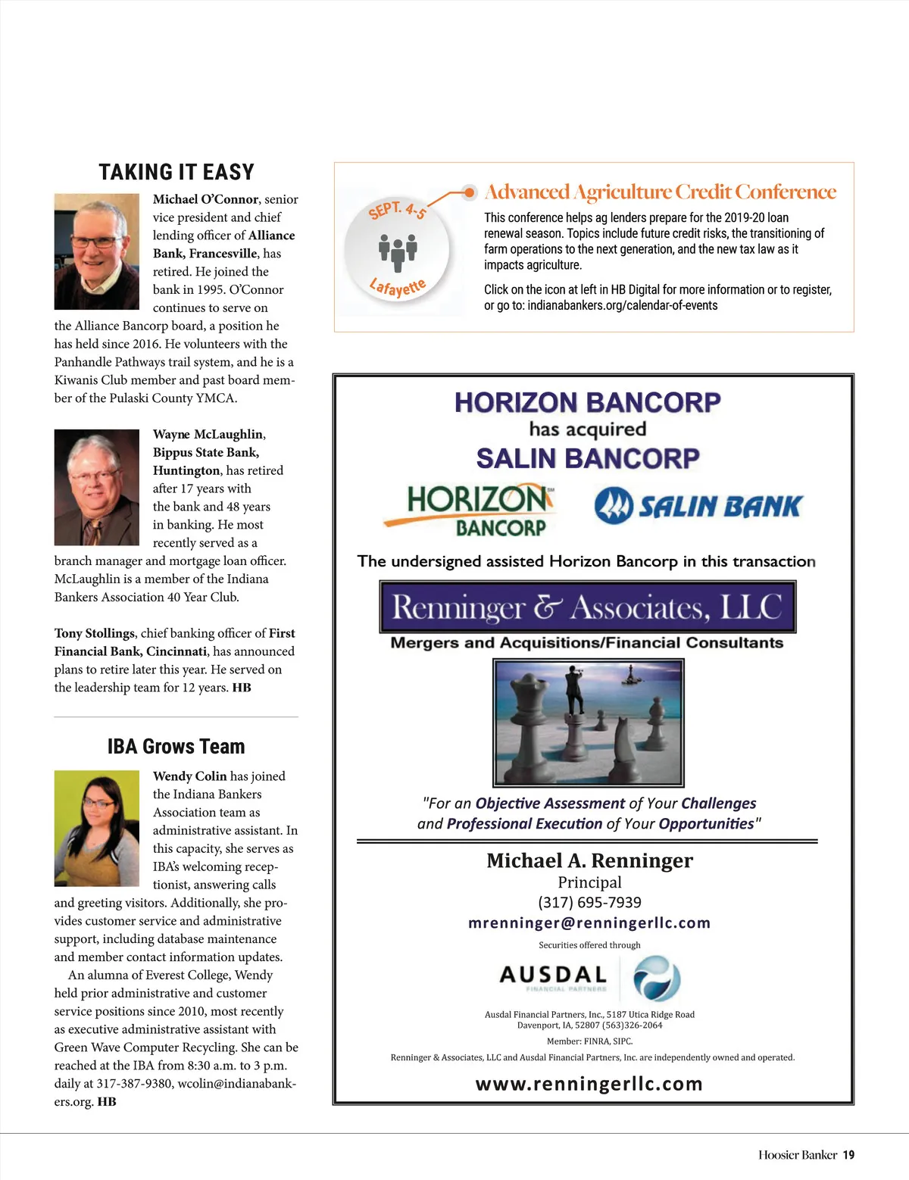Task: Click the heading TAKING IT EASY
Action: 176,173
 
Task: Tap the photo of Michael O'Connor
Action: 96,251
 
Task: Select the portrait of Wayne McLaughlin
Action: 96,487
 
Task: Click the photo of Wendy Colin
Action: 96,829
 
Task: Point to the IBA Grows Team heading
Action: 176,747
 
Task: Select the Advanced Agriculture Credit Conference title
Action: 660,192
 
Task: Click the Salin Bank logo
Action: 698,507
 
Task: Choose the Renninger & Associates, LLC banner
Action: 588,607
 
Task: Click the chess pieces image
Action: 589,723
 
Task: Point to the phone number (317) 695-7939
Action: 589,903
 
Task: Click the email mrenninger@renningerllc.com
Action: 589,923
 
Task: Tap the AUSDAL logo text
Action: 554,975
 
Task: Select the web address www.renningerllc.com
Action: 589,1084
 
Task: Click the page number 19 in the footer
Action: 848,1155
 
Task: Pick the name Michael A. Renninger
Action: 589,861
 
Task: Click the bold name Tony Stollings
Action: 95,633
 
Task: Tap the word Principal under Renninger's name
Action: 589,882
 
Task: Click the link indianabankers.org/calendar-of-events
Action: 622,306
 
